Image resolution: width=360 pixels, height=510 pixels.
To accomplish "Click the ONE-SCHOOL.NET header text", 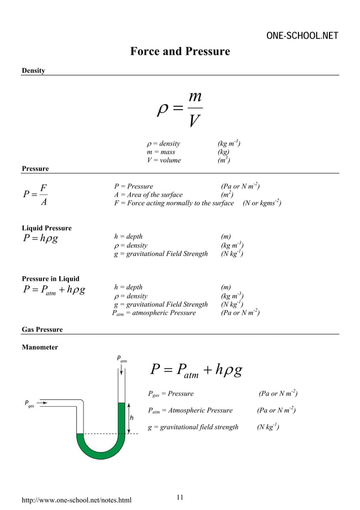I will [302, 36].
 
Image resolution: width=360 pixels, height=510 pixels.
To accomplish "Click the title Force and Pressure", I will [180, 52].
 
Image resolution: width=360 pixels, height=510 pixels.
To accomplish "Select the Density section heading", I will [33, 71].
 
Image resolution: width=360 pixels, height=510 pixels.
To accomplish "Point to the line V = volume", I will [164, 160].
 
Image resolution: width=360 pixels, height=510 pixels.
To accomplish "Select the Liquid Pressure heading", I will [46, 228].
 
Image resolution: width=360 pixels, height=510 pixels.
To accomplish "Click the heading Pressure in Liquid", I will [50, 279].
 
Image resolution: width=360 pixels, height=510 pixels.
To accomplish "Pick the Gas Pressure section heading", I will [42, 329].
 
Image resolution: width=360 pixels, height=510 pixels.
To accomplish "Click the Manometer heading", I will [39, 347].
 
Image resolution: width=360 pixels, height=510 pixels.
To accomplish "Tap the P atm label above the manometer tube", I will [122, 359].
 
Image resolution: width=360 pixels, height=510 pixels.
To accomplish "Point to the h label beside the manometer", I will [132, 418].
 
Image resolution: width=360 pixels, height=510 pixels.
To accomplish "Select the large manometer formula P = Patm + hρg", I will [197, 370].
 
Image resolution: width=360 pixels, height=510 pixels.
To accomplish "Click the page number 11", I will [180, 497].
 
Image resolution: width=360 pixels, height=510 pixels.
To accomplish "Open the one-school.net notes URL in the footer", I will [76, 500].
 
